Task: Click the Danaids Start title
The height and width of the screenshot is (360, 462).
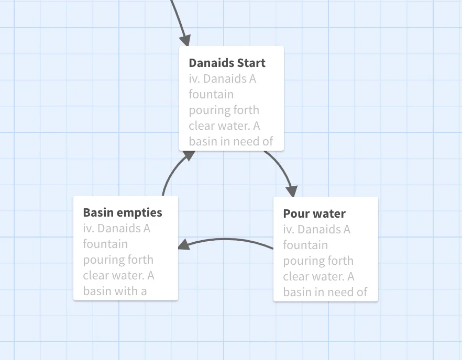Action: click(x=227, y=63)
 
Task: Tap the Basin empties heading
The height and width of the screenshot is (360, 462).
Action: click(x=123, y=212)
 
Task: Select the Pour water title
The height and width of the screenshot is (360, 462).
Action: click(x=314, y=213)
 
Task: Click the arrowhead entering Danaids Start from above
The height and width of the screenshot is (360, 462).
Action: click(x=185, y=40)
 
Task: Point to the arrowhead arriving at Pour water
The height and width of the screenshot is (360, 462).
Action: click(x=292, y=192)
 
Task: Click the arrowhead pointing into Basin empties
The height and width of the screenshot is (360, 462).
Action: click(x=184, y=244)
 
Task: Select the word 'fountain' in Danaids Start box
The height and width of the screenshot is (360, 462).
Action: click(x=211, y=95)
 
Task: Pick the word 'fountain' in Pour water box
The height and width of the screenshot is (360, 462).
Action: click(x=305, y=245)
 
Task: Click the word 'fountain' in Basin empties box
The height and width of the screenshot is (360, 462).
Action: click(x=105, y=244)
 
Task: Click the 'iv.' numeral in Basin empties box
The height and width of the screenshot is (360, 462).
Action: click(x=89, y=229)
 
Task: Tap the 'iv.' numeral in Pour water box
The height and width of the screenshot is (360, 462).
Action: click(x=289, y=230)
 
